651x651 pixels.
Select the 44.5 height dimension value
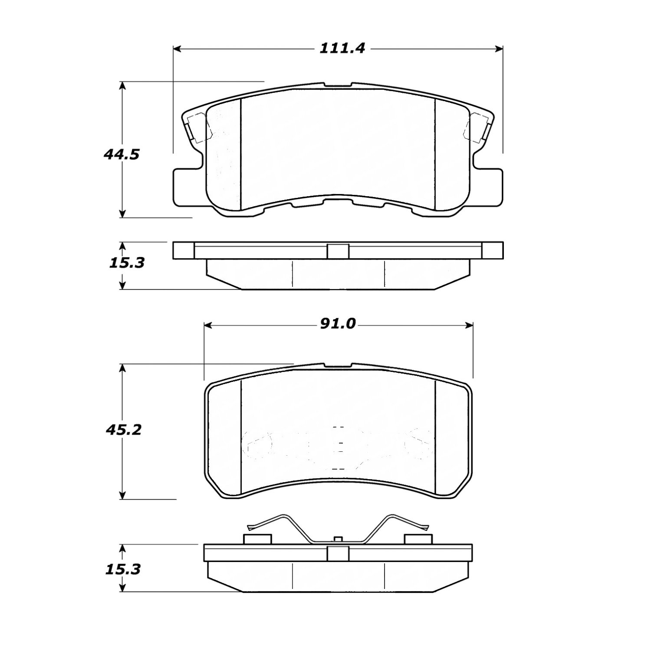[x=122, y=154]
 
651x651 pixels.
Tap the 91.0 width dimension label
[x=338, y=324]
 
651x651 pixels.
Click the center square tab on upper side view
[x=338, y=251]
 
